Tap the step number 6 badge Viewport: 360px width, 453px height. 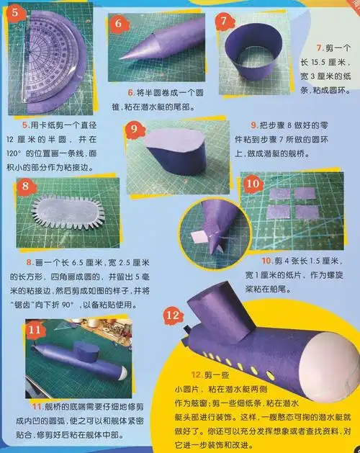click(118, 22)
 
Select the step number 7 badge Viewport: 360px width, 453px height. click(225, 20)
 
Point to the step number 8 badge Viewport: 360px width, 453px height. click(25, 185)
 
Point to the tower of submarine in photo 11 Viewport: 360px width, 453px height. click(89, 352)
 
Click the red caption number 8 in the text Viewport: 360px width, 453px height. click(29, 262)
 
